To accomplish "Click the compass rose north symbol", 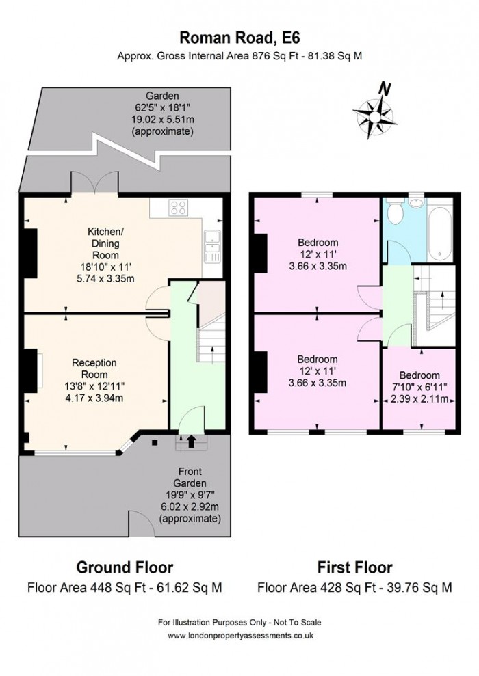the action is point(374,113).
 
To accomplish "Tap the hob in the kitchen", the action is point(179,208).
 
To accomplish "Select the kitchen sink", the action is point(213,247).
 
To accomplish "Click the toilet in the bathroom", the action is point(394,211).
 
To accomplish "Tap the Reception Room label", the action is point(94,368).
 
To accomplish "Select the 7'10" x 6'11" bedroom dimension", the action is point(419,387).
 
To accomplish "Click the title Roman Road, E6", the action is point(239,38).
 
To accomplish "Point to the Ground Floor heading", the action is point(125,567).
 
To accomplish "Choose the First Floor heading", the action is point(354,567).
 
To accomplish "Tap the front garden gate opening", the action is point(141,524).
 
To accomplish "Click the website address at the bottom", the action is point(240,636).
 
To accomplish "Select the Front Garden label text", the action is point(190,477).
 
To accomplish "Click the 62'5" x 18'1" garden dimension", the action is point(161,107).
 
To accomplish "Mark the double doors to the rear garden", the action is point(94,183).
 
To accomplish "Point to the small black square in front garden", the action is point(155,442).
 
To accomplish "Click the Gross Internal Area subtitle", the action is point(239,56).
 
